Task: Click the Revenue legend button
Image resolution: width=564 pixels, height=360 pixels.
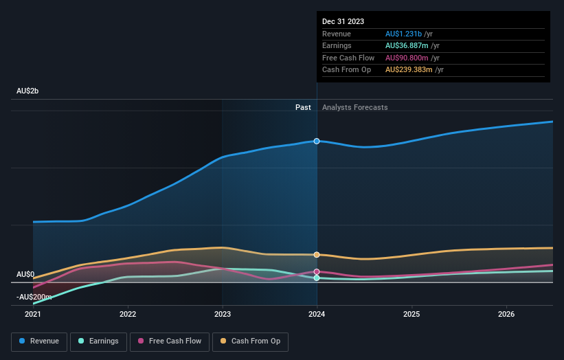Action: point(39,341)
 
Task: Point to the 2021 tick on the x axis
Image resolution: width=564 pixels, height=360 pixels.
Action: point(33,315)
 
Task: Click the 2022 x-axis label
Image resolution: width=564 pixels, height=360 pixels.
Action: point(128,315)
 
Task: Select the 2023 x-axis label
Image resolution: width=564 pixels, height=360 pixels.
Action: point(222,315)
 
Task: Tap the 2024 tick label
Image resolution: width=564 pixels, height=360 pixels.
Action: point(317,315)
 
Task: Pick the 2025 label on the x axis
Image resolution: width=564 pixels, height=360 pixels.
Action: point(411,315)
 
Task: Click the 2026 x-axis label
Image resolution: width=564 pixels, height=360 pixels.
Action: point(506,315)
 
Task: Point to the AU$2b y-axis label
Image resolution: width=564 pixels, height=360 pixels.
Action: point(27,91)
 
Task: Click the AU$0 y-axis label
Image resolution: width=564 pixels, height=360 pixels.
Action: point(25,274)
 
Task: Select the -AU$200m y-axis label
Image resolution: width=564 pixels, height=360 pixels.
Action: point(34,297)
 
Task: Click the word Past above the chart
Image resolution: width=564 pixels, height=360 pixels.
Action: point(303,107)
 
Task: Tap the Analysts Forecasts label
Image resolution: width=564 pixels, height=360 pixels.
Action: point(354,107)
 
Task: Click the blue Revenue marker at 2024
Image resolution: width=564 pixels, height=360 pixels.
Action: point(317,141)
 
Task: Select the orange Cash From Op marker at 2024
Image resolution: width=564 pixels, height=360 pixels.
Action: point(317,255)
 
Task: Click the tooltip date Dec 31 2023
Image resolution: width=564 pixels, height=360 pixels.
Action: point(343,21)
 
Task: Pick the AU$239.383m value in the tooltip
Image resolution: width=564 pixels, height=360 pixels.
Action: point(409,69)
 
